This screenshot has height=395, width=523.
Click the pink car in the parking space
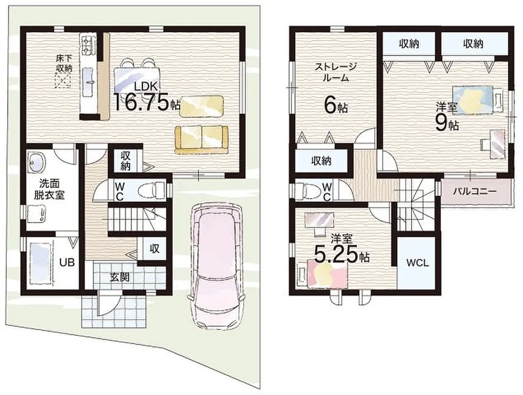(216, 266)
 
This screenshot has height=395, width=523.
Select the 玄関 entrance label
(120, 277)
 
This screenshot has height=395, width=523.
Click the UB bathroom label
(67, 263)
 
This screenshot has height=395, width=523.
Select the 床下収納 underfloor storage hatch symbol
(63, 80)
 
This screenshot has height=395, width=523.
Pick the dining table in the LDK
(137, 79)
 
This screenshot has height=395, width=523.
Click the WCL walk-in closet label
(417, 263)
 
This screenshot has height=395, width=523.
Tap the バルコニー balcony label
(475, 192)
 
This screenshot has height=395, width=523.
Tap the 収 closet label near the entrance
(154, 248)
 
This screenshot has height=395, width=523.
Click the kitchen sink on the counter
(88, 77)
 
